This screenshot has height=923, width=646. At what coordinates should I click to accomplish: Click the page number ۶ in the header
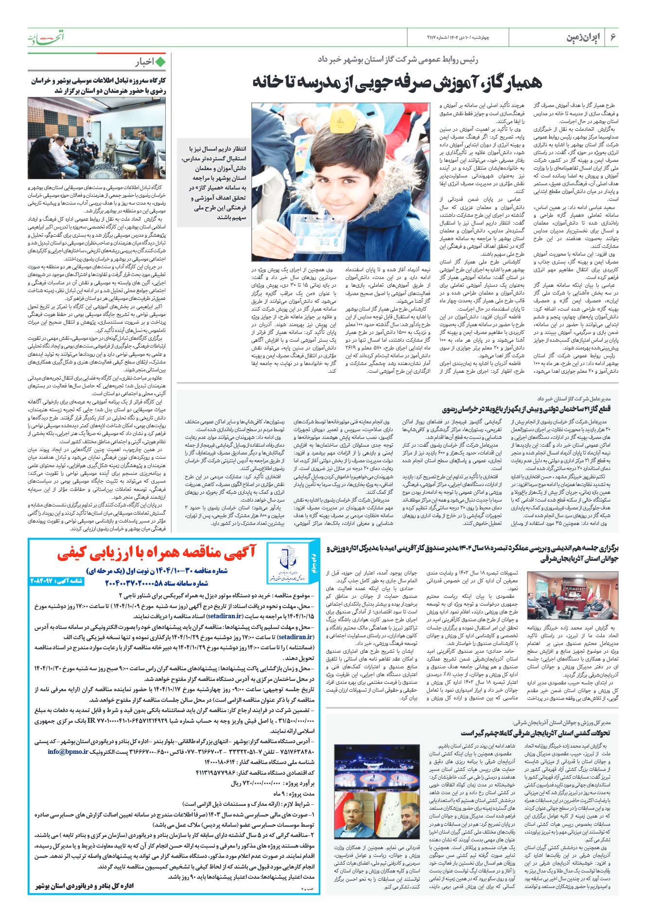pos(613,38)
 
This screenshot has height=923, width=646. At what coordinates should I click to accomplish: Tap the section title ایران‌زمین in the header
pos(583,38)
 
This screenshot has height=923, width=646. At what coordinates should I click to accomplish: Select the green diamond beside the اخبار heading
pos(160,62)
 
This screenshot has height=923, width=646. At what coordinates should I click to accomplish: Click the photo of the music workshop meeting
pos(97,139)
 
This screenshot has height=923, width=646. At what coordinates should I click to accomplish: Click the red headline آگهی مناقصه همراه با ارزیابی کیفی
pos(157,552)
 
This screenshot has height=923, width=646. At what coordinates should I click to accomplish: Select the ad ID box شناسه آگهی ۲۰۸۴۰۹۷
pos(57,581)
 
